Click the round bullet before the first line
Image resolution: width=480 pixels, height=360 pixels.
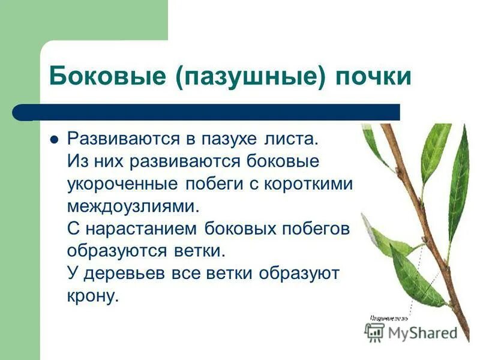pos(54,139)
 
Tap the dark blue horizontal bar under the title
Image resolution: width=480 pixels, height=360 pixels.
pos(216,112)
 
